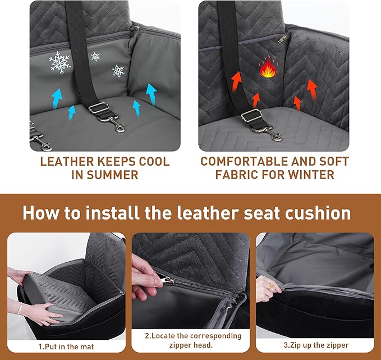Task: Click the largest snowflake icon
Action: pyautogui.click(x=60, y=62)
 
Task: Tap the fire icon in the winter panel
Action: pyautogui.click(x=266, y=71)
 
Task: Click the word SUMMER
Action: pyautogui.click(x=105, y=175)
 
